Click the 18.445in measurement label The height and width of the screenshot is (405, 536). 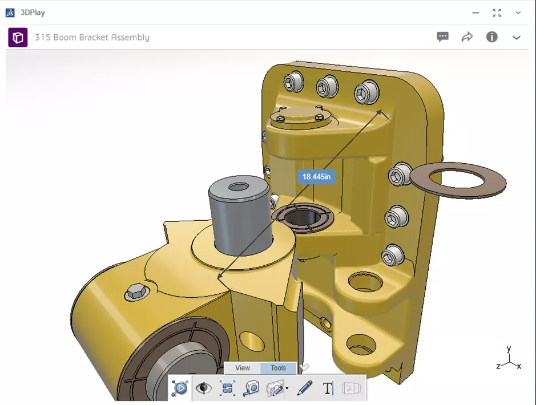pos(316,177)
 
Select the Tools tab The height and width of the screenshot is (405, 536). pos(278,368)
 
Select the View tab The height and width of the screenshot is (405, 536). pos(243,368)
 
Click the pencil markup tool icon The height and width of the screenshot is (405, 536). pos(305,388)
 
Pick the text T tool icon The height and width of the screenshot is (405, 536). pos(328,388)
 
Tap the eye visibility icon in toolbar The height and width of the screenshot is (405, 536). pos(203,388)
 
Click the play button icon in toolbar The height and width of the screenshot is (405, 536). pos(180,388)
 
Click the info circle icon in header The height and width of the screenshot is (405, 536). pos(491,37)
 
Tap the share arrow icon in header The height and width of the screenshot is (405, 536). pos(467,37)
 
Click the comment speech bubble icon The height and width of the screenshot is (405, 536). pos(442,37)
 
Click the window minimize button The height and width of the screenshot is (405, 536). pos(475,13)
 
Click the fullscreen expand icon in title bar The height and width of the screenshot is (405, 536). pos(497,13)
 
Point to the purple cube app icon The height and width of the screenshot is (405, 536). pos(18,38)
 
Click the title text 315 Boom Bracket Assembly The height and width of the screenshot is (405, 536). pos(92,38)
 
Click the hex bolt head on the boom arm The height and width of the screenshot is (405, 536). pos(135,292)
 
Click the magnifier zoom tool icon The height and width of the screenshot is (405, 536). pos(251,388)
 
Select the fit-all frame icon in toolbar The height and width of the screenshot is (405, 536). pos(227,388)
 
